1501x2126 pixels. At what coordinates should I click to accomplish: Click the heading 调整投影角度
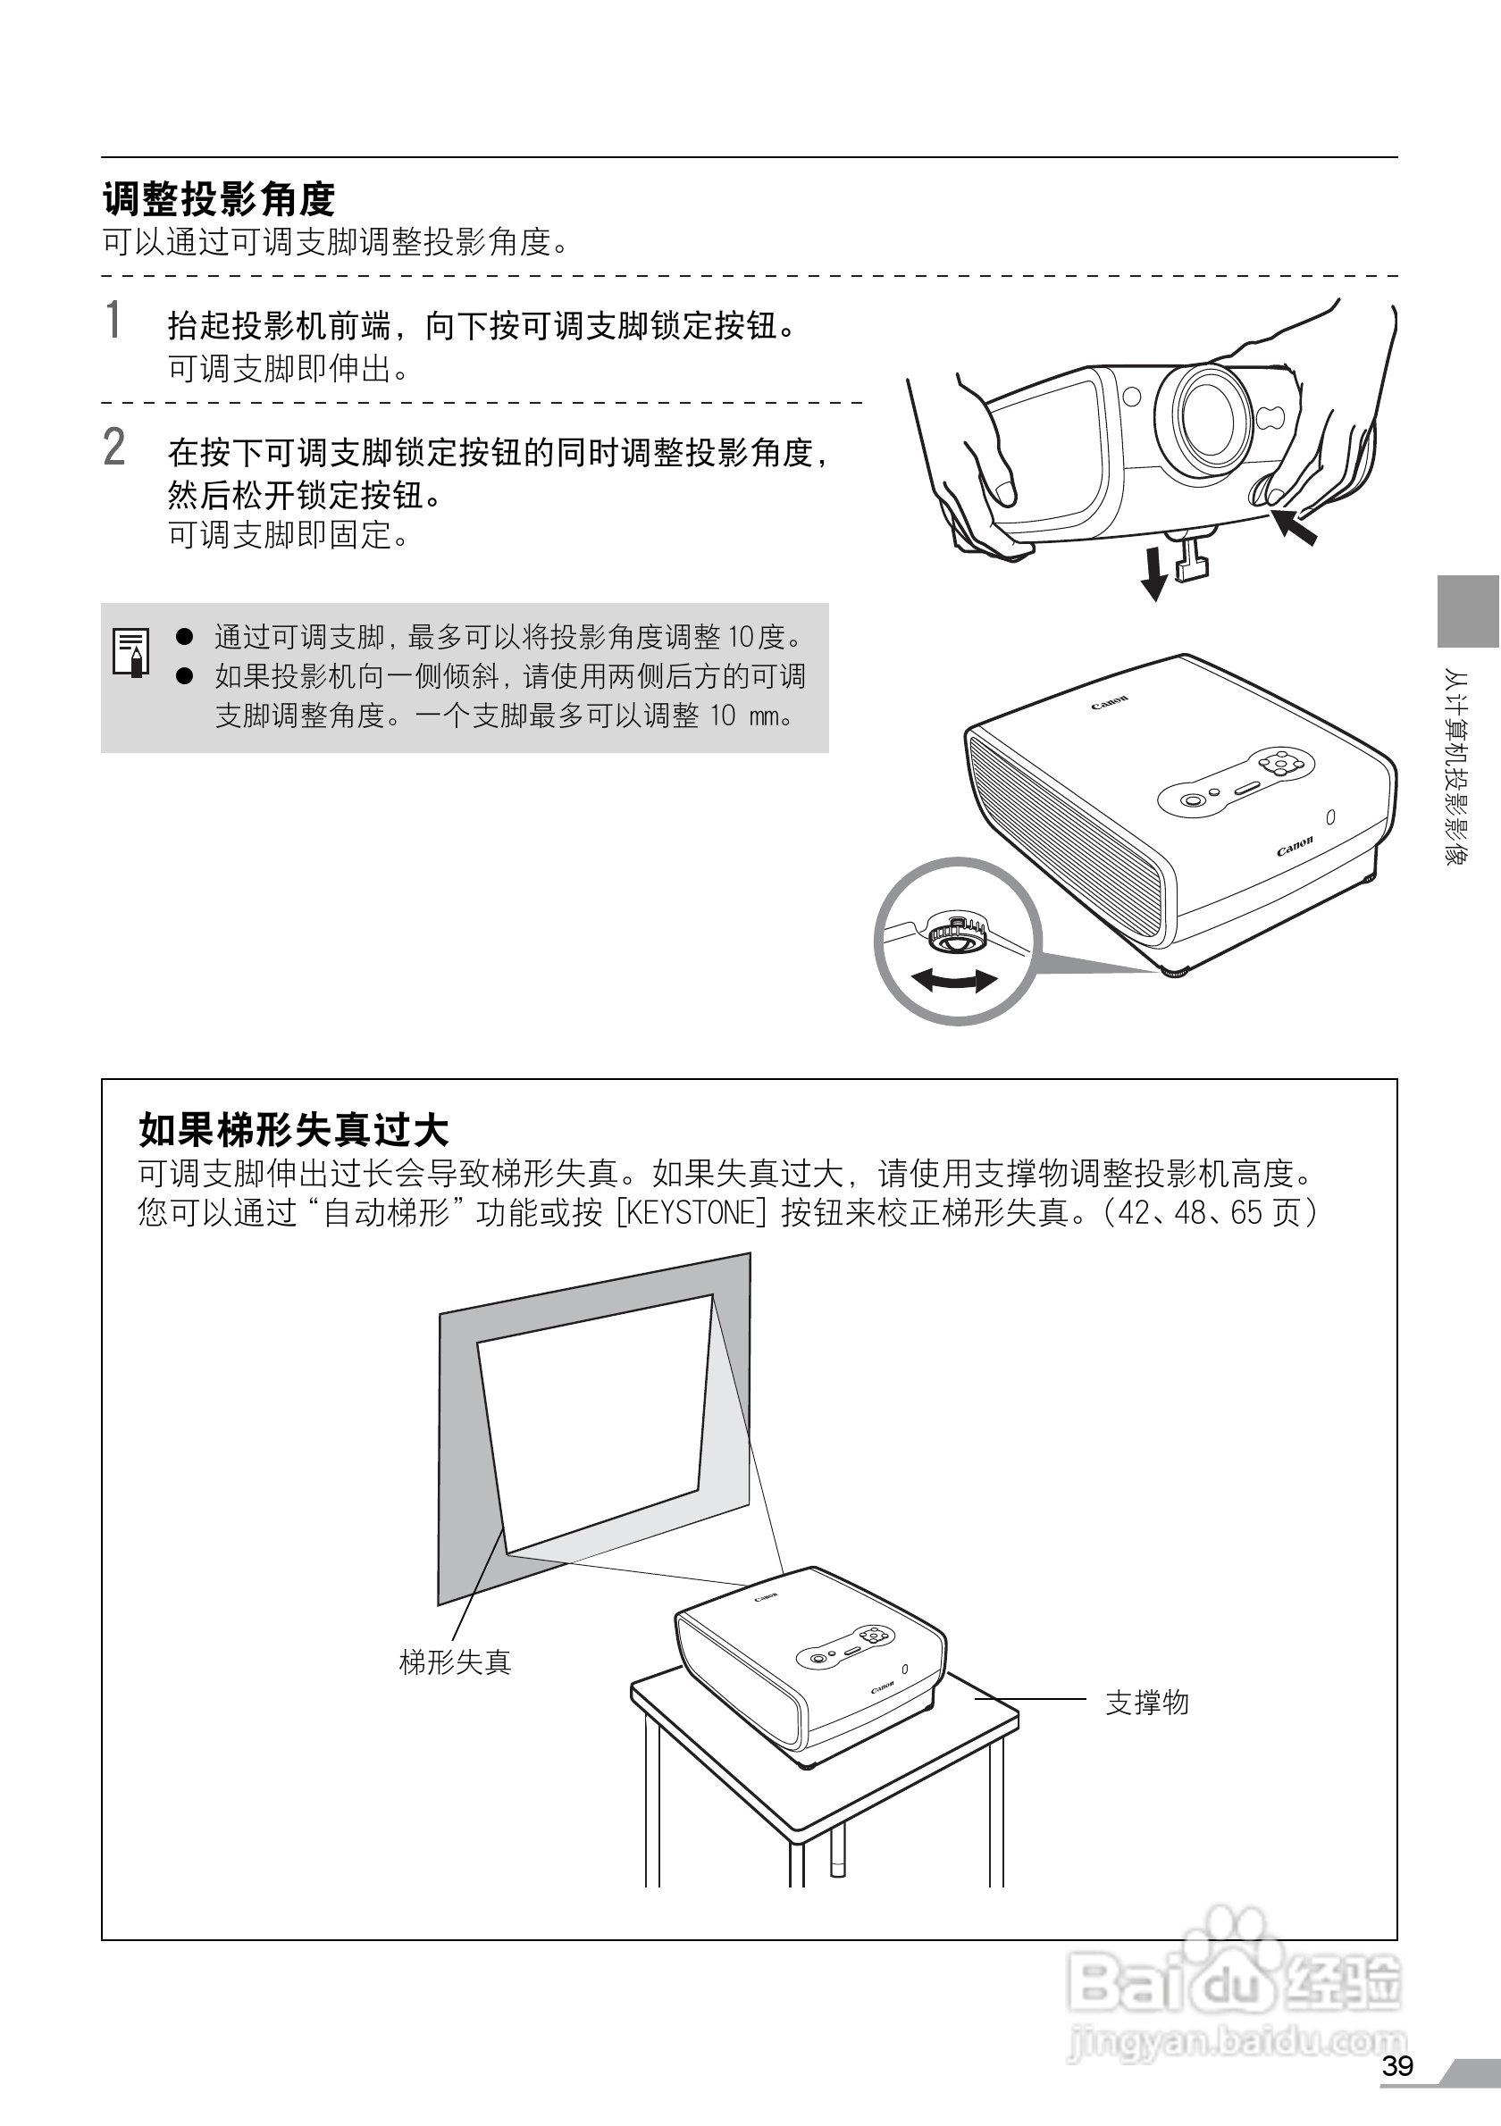point(219,198)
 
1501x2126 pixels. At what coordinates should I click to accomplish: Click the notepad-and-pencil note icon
point(131,652)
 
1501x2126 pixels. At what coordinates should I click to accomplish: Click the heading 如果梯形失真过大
point(294,1130)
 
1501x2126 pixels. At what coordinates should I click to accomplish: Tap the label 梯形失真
point(455,1662)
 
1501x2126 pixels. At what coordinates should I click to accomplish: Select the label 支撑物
point(1147,1702)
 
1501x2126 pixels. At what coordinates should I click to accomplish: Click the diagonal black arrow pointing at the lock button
point(1295,525)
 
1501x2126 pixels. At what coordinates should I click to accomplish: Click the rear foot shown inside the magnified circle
point(956,933)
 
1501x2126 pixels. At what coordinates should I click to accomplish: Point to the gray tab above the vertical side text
point(1469,611)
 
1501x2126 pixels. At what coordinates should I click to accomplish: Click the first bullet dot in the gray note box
point(184,636)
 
